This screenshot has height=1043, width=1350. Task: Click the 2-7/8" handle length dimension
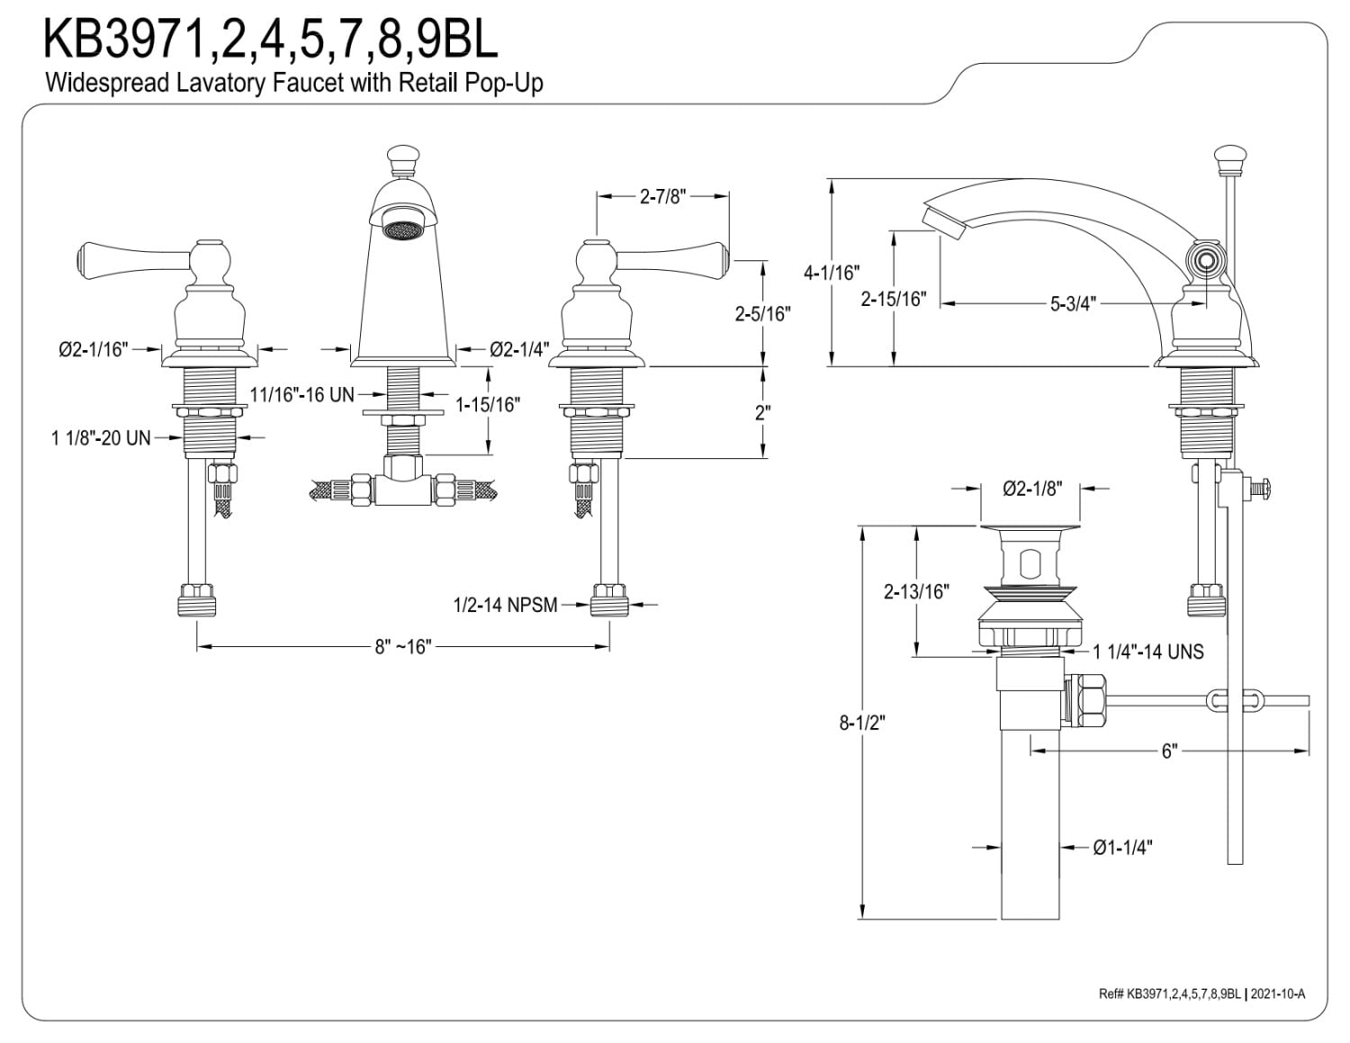pyautogui.click(x=662, y=197)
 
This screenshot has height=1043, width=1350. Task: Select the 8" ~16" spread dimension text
pyautogui.click(x=402, y=647)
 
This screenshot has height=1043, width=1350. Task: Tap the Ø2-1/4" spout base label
pyautogui.click(x=518, y=350)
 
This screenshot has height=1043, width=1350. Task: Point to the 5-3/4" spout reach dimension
pyautogui.click(x=1073, y=304)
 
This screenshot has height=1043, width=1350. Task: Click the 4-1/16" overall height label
pyautogui.click(x=832, y=273)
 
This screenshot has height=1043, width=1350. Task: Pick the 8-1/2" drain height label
pyautogui.click(x=862, y=723)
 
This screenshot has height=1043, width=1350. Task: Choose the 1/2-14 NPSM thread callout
pyautogui.click(x=505, y=605)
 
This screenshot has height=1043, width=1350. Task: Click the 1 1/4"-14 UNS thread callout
pyautogui.click(x=1148, y=652)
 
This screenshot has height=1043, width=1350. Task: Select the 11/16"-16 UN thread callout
pyautogui.click(x=301, y=394)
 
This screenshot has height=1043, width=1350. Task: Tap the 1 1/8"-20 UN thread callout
pyautogui.click(x=101, y=438)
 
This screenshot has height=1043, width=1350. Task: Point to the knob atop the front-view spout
pyautogui.click(x=402, y=159)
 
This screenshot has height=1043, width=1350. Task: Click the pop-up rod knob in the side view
pyautogui.click(x=1230, y=159)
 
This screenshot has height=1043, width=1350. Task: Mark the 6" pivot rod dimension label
pyautogui.click(x=1169, y=751)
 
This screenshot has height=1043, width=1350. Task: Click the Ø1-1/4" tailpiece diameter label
pyautogui.click(x=1122, y=848)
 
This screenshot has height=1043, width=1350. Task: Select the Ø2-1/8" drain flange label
pyautogui.click(x=1032, y=489)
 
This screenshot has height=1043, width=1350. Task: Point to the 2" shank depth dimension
pyautogui.click(x=762, y=412)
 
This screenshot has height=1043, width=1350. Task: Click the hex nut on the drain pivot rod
pyautogui.click(x=1084, y=701)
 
